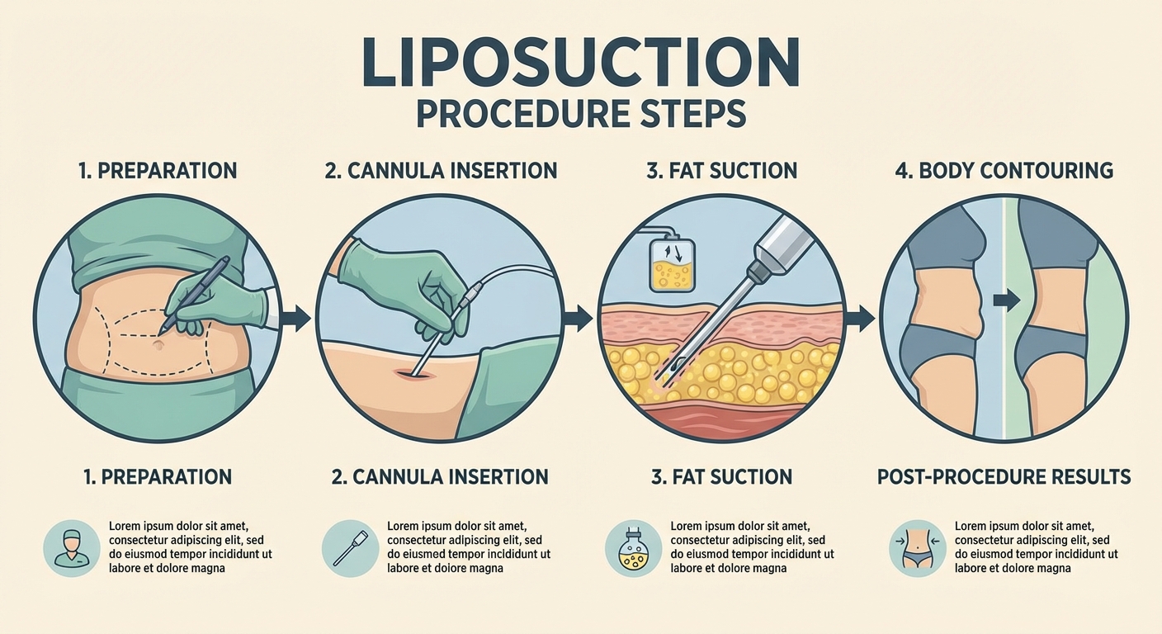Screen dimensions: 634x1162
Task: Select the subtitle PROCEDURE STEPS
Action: point(580,114)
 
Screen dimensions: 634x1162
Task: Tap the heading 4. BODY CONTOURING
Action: point(1004,171)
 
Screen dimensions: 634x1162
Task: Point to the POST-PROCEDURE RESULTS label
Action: point(1004,476)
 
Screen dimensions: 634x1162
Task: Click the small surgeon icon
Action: point(71,547)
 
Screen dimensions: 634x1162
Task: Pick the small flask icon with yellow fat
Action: point(632,547)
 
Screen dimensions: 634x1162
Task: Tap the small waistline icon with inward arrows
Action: point(917,547)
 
